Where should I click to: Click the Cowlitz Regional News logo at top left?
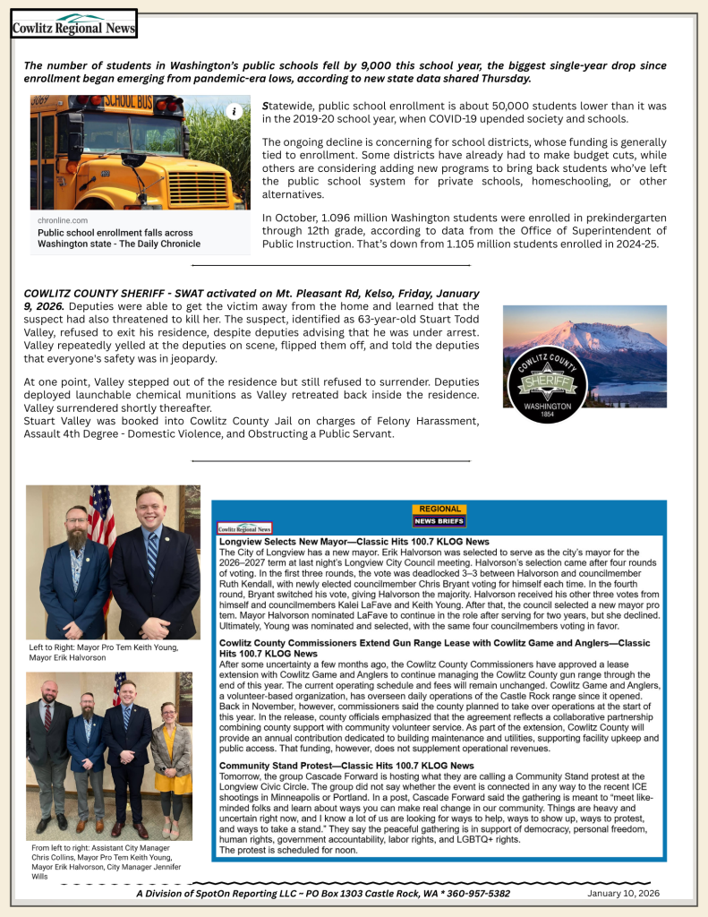[x=73, y=24]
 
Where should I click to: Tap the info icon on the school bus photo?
[x=234, y=111]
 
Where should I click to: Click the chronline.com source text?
[x=63, y=220]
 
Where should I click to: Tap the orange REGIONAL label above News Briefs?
[x=439, y=510]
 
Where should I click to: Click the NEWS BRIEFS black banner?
[x=439, y=521]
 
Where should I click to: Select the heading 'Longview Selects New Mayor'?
[x=354, y=542]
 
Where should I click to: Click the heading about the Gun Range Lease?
[x=434, y=648]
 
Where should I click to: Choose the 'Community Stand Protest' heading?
[x=346, y=766]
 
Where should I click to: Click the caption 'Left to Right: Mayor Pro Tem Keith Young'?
[x=104, y=652]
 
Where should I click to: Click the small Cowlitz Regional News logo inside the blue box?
[x=244, y=528]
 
